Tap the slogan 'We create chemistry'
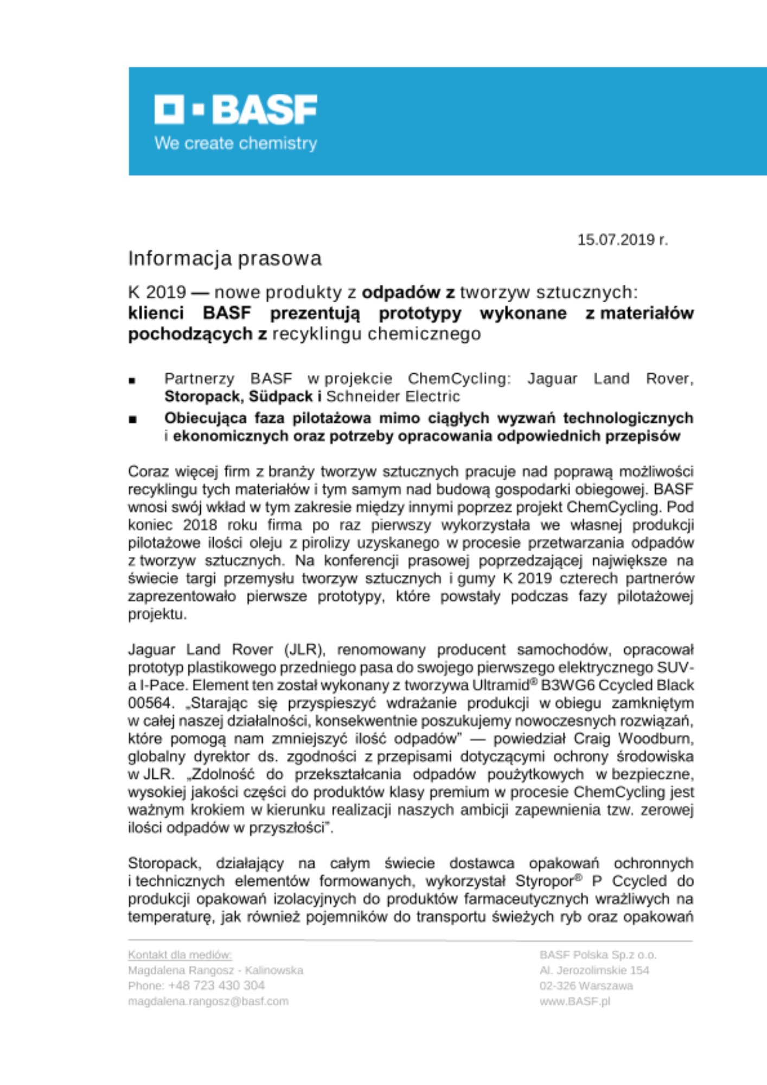click(x=235, y=144)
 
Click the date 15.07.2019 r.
click(x=622, y=240)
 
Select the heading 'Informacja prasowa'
click(x=225, y=259)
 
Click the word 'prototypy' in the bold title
click(x=420, y=314)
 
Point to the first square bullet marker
click(x=132, y=381)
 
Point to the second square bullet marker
click(x=132, y=420)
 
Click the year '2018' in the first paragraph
click(x=200, y=525)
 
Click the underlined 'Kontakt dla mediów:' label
click(x=180, y=955)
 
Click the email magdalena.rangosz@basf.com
click(x=208, y=1001)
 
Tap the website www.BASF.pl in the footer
click(x=574, y=1001)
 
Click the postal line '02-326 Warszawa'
click(x=586, y=986)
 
